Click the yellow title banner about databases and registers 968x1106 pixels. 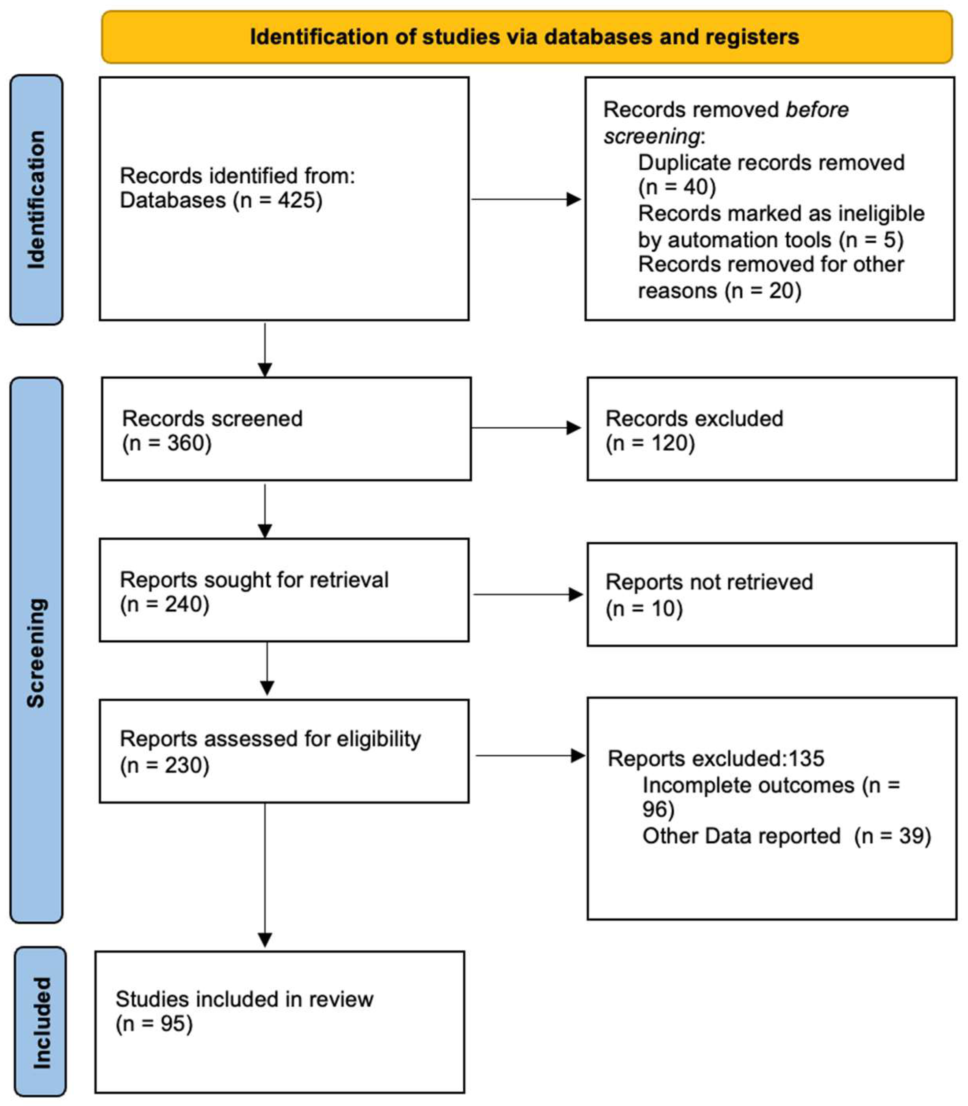[527, 37]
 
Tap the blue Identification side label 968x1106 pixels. [36, 199]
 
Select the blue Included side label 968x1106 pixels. [41, 1022]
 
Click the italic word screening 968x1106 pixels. [651, 136]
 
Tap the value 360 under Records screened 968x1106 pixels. [181, 443]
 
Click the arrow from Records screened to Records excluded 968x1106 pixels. [527, 428]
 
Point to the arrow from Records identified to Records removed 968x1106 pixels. [527, 199]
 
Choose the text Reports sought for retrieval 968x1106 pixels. [254, 579]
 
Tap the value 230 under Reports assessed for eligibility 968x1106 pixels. [179, 765]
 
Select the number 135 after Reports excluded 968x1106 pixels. [806, 759]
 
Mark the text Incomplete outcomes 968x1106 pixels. [748, 785]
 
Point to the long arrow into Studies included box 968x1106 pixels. [265, 875]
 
